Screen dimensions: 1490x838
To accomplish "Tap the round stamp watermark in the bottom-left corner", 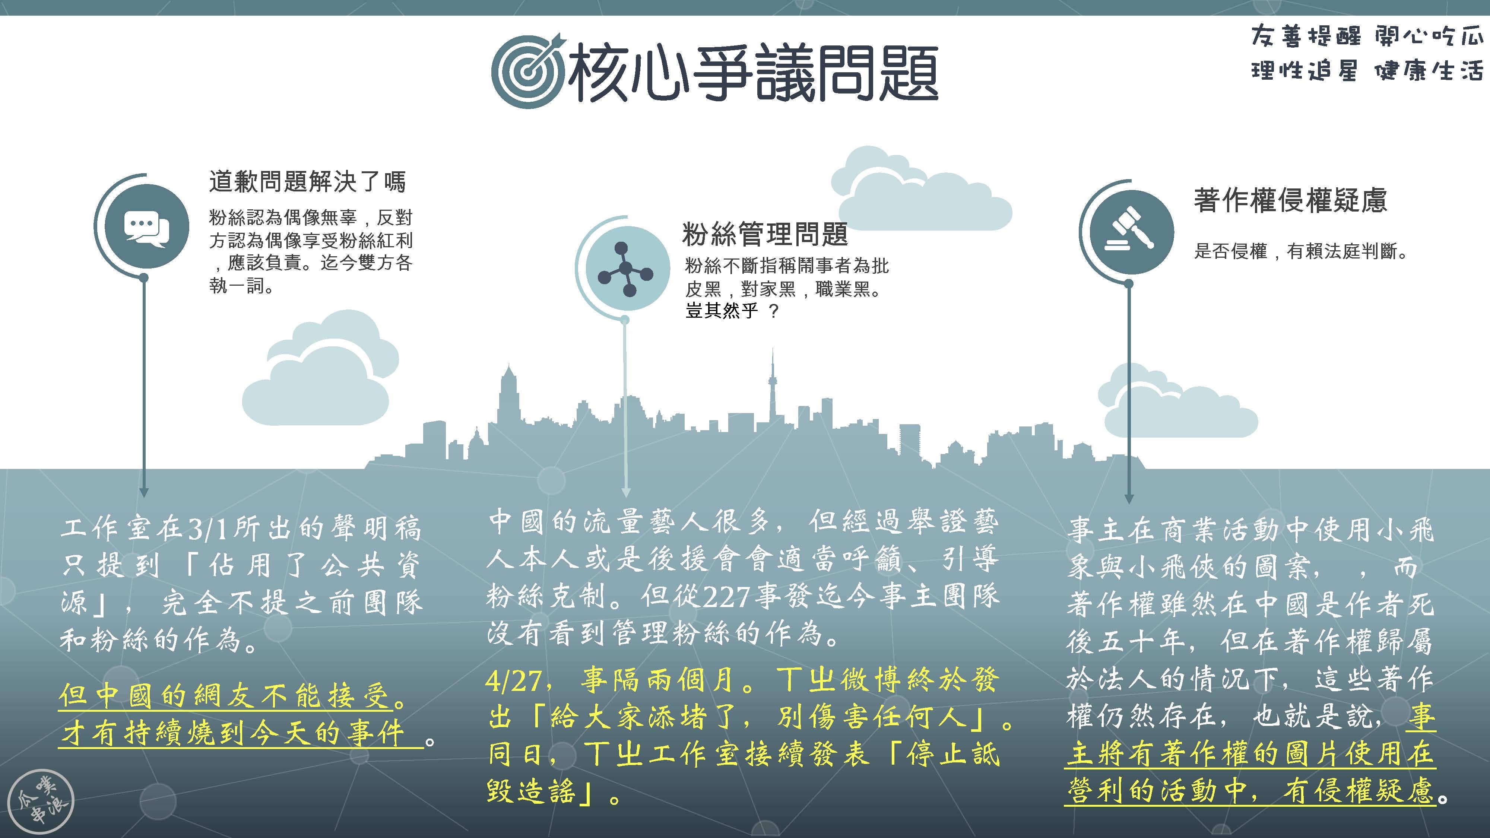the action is click(43, 801).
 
